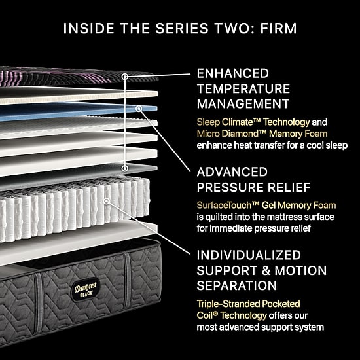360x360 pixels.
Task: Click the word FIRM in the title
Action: click(278, 28)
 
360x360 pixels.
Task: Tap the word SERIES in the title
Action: click(182, 28)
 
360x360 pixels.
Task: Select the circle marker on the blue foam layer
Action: click(139, 109)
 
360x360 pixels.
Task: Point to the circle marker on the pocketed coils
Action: click(106, 201)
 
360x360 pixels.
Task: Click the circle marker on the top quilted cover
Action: click(124, 77)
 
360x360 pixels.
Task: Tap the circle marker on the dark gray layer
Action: click(124, 168)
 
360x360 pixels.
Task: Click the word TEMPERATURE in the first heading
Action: click(243, 88)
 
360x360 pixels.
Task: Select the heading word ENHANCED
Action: click(233, 73)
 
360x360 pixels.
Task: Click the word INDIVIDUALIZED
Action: click(249, 255)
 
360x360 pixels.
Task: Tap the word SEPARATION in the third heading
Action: click(237, 285)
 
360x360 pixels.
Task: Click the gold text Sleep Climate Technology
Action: click(253, 122)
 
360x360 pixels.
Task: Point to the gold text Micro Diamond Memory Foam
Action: click(262, 134)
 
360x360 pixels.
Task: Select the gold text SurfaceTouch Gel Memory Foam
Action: click(266, 206)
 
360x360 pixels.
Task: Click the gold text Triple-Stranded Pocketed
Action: click(249, 304)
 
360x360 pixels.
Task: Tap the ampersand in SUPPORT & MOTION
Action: click(266, 270)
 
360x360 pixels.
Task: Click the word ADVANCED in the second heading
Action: click(232, 172)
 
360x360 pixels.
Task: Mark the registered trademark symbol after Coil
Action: click(215, 314)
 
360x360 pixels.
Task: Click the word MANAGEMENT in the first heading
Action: click(243, 104)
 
